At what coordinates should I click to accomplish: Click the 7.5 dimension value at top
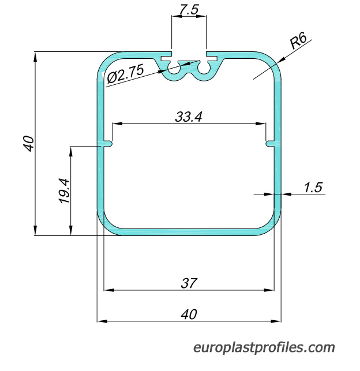(x=189, y=10)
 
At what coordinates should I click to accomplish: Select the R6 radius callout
(x=298, y=41)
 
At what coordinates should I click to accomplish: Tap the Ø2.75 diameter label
(x=125, y=73)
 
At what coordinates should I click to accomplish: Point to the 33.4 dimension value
(x=189, y=117)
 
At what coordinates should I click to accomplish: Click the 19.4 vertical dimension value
(x=64, y=191)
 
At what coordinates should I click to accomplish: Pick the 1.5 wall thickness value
(x=313, y=188)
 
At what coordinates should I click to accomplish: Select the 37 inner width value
(x=189, y=283)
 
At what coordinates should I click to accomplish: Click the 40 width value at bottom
(x=189, y=314)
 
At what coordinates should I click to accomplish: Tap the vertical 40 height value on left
(x=29, y=144)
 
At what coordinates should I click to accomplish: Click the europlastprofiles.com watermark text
(x=264, y=347)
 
